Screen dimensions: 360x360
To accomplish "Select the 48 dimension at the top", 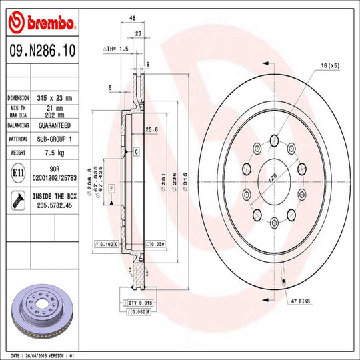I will tap(133, 19).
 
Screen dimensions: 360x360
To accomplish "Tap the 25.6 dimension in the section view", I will tap(151, 129).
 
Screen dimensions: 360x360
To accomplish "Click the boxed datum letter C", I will tap(136, 153).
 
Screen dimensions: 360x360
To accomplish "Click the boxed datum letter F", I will tap(111, 188).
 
